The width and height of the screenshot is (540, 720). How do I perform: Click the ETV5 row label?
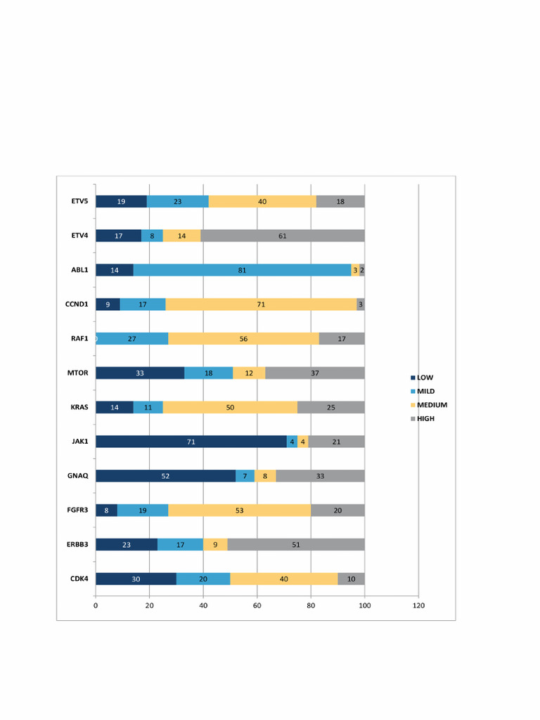(79, 201)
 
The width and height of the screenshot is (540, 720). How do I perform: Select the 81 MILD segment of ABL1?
(242, 270)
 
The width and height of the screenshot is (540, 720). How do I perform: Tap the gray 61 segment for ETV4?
(283, 236)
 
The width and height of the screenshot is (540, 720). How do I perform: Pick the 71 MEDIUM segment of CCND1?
(261, 304)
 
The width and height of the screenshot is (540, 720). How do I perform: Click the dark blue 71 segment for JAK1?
(191, 442)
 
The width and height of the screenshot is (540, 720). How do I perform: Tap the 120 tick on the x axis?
(418, 605)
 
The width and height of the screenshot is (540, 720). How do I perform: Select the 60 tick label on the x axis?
(257, 605)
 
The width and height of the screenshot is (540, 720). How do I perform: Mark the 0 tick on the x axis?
(96, 605)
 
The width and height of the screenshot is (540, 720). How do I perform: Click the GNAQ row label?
(79, 476)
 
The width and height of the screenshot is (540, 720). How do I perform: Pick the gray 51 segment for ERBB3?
(296, 544)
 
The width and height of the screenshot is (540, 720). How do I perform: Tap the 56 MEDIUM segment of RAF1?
(243, 339)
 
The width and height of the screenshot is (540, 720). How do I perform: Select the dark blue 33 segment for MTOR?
(140, 373)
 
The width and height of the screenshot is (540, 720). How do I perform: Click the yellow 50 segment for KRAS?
(230, 407)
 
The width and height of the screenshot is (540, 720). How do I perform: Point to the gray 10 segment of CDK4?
(351, 579)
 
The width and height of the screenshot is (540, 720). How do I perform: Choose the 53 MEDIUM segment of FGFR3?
(239, 510)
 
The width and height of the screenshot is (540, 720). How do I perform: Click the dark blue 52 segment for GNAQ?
(165, 476)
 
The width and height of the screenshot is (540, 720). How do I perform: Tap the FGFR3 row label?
(78, 510)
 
